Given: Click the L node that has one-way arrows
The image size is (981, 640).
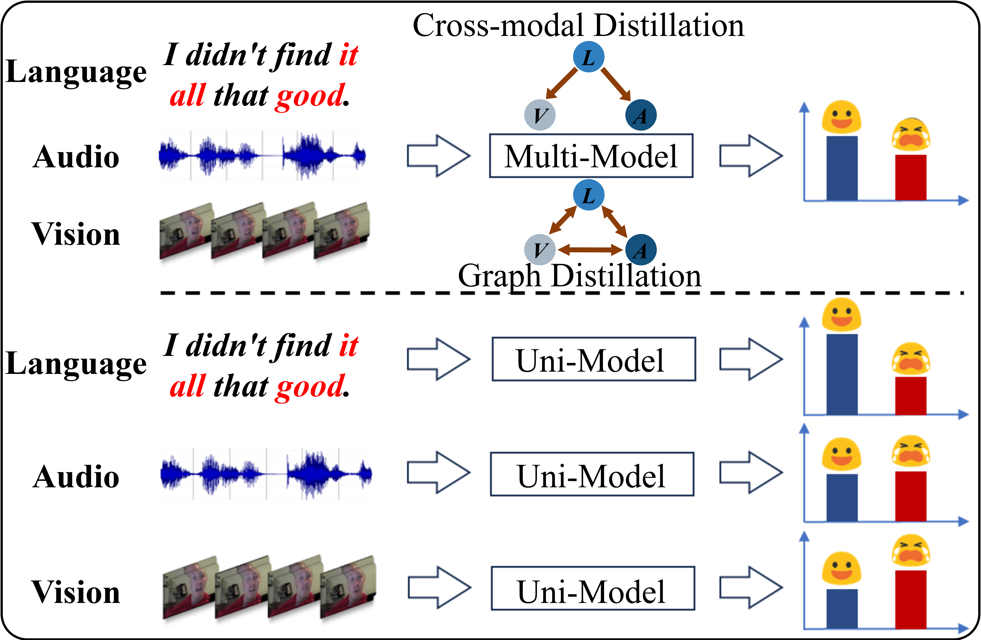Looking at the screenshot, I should pyautogui.click(x=589, y=57).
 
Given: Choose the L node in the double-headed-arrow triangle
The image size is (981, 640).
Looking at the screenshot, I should pyautogui.click(x=589, y=195).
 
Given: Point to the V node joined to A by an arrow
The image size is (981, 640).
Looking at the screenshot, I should pyautogui.click(x=540, y=250).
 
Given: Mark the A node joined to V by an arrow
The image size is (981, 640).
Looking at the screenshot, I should pyautogui.click(x=641, y=250).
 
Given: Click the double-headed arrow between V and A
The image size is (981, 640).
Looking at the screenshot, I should pyautogui.click(x=590, y=250).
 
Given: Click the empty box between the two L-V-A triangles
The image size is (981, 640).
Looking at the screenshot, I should pyautogui.click(x=591, y=156).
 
